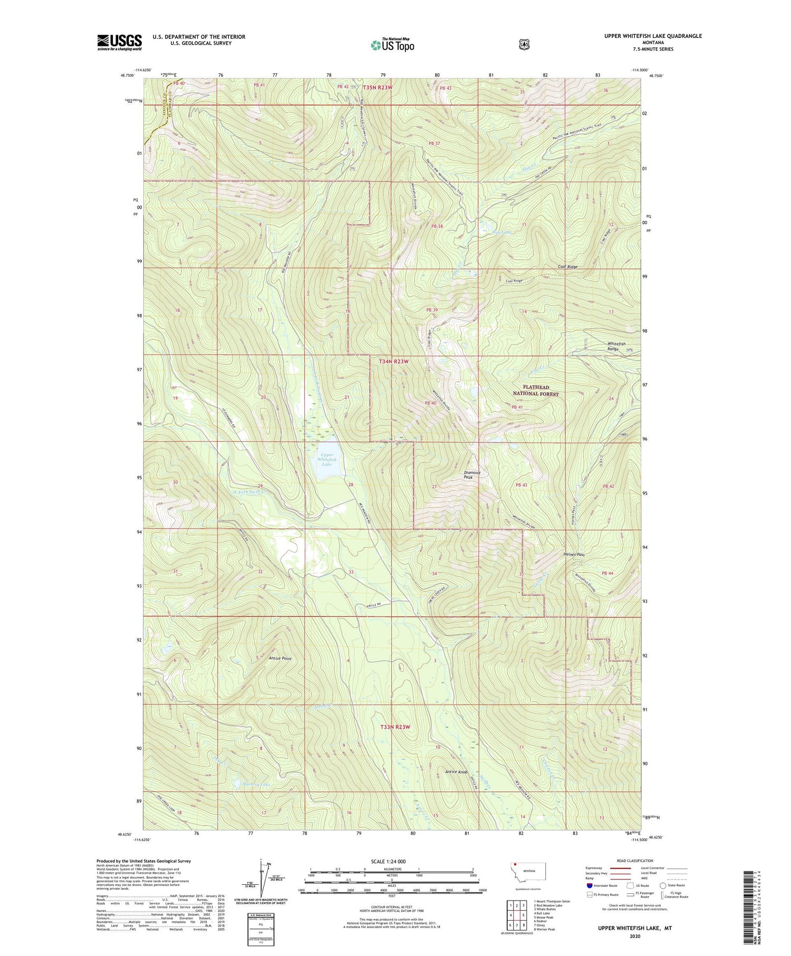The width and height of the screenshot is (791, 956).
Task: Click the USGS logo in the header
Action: (119, 42)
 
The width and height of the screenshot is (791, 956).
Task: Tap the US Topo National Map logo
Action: (392, 45)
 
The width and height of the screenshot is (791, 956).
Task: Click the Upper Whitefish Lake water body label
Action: (326, 459)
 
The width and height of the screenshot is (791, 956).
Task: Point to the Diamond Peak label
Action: (472, 475)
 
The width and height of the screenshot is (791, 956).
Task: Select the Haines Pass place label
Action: (573, 555)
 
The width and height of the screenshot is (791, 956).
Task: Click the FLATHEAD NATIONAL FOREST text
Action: (536, 390)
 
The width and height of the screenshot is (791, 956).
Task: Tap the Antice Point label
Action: (279, 659)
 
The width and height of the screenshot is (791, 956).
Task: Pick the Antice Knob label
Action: (456, 772)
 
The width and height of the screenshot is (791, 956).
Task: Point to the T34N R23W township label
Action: (394, 362)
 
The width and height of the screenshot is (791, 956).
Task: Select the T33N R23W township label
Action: (395, 727)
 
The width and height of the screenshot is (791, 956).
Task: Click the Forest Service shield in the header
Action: (524, 45)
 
